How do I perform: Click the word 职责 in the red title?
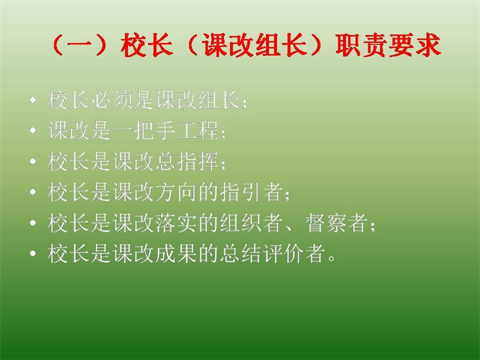362,46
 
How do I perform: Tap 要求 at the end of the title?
415,46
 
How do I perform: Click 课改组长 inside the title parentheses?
254,46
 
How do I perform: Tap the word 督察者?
337,223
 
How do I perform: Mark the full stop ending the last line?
332,258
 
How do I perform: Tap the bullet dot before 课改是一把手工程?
33,131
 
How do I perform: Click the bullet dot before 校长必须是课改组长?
33,100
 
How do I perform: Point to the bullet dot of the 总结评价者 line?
33,253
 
